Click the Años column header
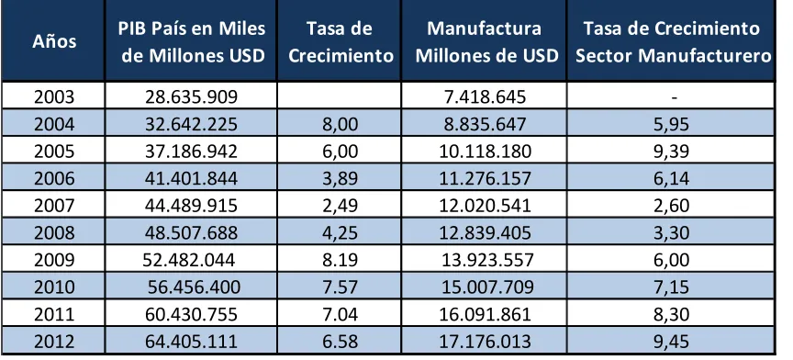pos(54,41)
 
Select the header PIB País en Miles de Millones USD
pos(192,42)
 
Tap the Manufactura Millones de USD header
pos(485,42)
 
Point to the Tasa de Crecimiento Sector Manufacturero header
pos(673,42)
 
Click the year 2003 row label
pos(54,96)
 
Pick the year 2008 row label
pos(54,232)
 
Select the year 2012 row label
pos(54,341)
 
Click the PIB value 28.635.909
pos(191,96)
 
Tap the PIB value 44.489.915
pos(191,206)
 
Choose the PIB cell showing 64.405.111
pos(191,341)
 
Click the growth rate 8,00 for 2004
pos(340,125)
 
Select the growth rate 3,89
pos(340,179)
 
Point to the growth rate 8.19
pos(340,260)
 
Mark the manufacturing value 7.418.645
pos(485,96)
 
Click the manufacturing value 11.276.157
pos(485,179)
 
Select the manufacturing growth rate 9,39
pos(671,152)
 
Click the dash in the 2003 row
pos(674,97)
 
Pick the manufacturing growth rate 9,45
pos(671,342)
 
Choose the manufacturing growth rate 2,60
pos(671,206)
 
